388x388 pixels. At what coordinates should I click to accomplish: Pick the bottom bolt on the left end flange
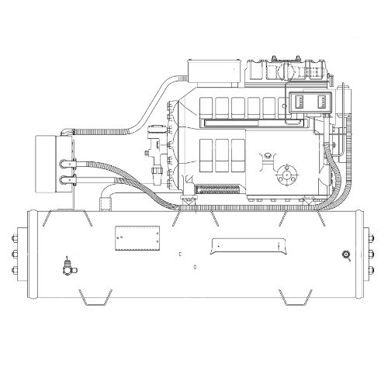[x=16, y=270]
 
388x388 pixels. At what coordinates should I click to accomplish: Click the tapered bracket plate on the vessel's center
[x=246, y=247]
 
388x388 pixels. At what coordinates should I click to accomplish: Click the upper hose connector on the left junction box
[x=67, y=164]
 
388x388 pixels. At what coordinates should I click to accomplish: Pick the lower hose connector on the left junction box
[x=67, y=183]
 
